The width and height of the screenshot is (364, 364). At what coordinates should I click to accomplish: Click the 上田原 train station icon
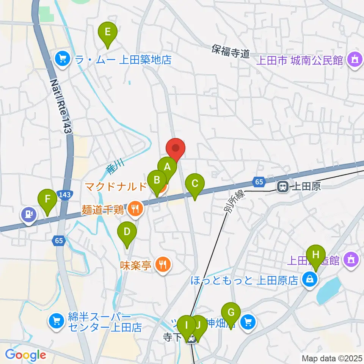tap(282, 186)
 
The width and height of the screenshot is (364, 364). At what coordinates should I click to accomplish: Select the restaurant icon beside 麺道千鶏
tap(134, 208)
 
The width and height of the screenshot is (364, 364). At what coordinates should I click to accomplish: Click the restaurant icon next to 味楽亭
tap(163, 264)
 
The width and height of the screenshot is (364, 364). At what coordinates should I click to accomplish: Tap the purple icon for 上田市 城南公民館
tap(355, 60)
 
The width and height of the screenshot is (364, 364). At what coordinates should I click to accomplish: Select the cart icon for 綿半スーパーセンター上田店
tap(56, 322)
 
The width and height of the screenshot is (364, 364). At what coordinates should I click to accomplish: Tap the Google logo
tap(25, 355)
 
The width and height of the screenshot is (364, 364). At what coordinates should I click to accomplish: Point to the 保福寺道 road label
tap(231, 51)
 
